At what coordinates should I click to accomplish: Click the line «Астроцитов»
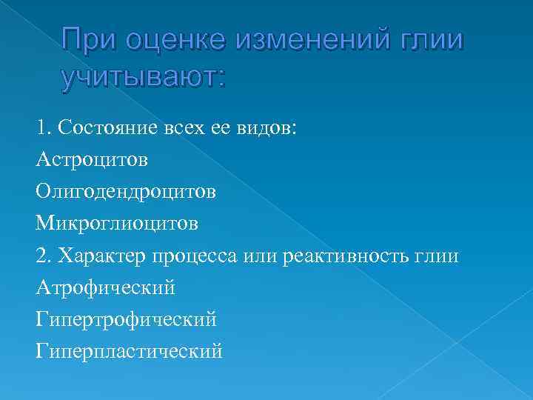click(91, 159)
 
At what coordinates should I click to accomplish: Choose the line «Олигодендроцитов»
click(125, 192)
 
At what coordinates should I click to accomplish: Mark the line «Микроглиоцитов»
click(116, 224)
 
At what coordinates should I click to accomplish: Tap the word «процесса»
click(195, 256)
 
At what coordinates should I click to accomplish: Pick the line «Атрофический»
click(104, 288)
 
